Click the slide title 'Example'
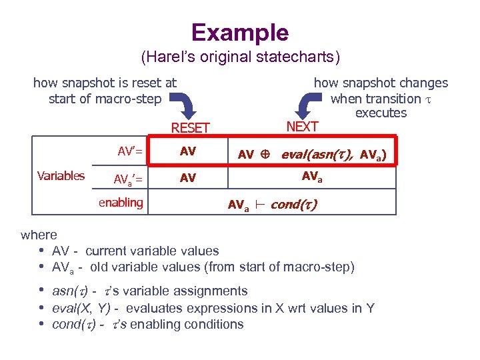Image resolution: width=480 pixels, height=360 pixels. (240, 33)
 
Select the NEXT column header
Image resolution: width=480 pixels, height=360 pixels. (302, 126)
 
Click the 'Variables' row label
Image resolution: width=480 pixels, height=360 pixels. (61, 176)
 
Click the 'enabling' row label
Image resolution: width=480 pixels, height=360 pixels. (121, 203)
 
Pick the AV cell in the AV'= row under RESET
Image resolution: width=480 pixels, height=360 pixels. (188, 151)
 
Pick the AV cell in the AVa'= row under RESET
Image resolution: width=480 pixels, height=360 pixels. (188, 178)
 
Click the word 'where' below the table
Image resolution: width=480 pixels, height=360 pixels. (39, 235)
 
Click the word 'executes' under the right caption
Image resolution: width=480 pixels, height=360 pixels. (381, 113)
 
